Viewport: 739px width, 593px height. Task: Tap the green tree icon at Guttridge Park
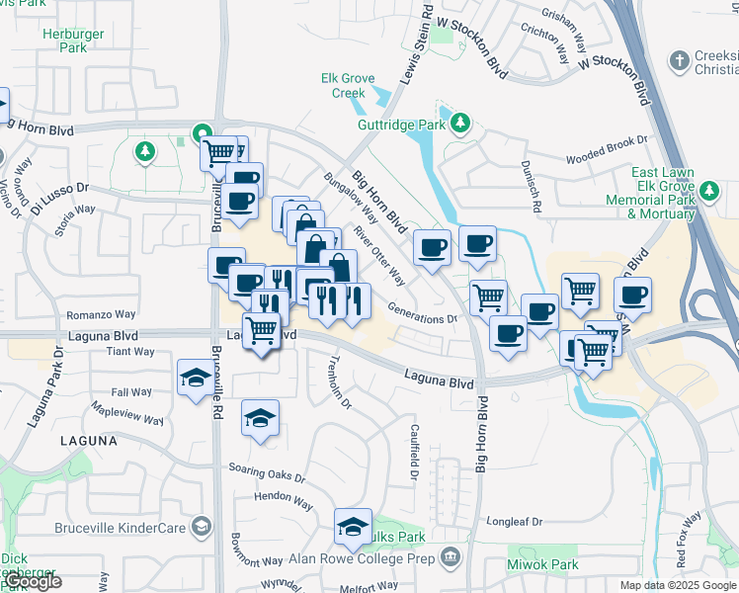(x=459, y=124)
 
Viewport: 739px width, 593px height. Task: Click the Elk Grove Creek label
(x=343, y=86)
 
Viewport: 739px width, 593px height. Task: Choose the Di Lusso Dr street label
(x=59, y=194)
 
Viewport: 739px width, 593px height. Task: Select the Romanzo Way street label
(x=94, y=315)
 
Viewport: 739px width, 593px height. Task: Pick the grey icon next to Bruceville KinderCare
(x=202, y=525)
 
